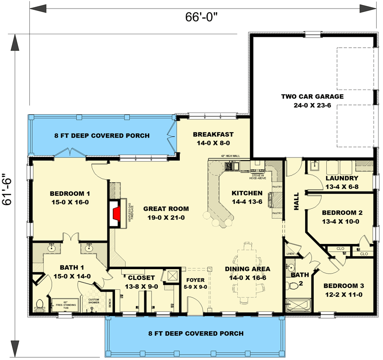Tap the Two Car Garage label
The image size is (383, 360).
pos(312,100)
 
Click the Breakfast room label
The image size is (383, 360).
pos(213,139)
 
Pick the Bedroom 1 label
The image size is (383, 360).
pos(70,198)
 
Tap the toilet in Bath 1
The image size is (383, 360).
pos(39,306)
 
